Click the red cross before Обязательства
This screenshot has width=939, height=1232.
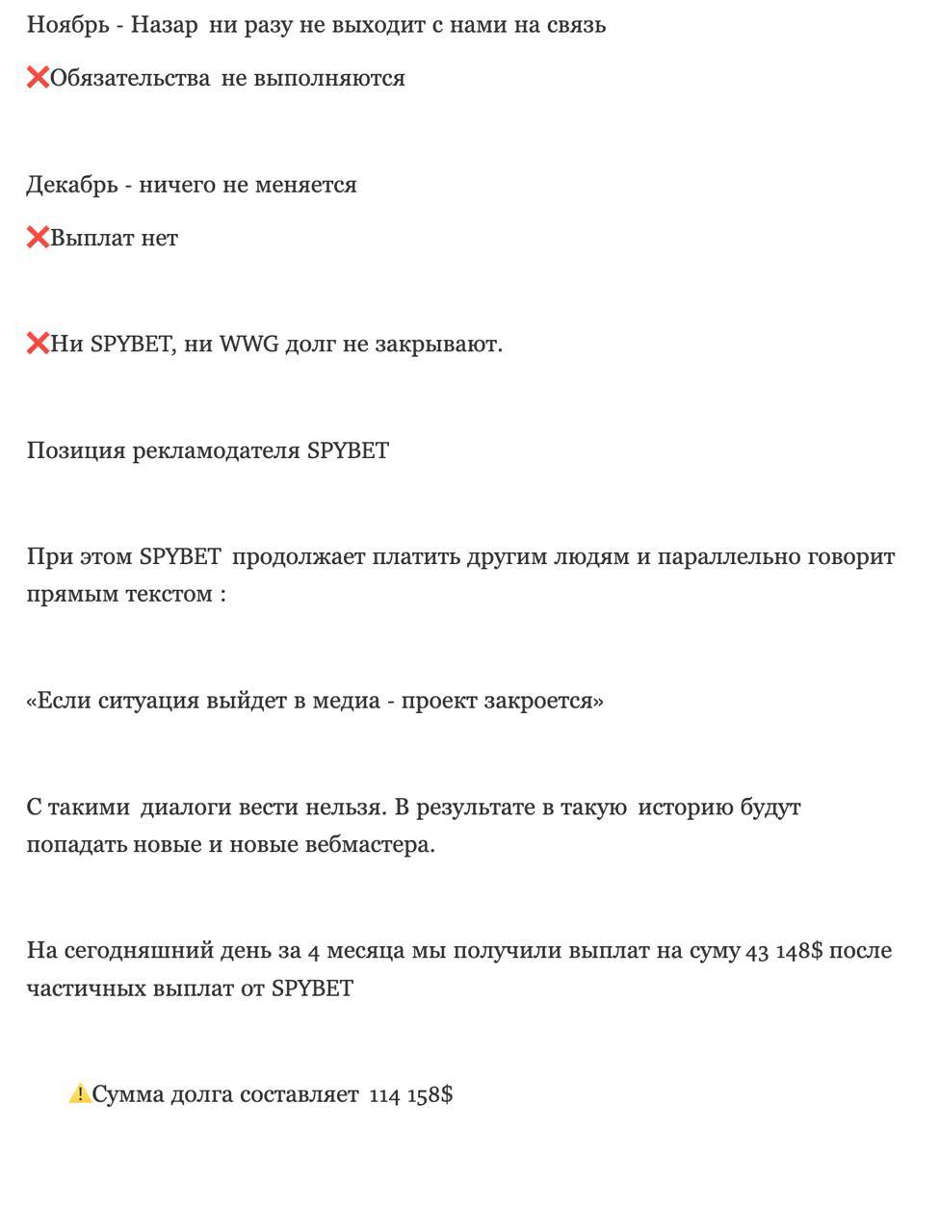click(38, 78)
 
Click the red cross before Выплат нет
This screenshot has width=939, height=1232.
click(38, 238)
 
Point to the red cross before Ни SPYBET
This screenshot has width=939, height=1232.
click(38, 344)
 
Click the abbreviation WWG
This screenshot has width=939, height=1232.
click(248, 344)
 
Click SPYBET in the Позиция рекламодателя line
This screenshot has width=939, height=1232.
click(348, 450)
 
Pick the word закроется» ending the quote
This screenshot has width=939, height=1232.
click(553, 701)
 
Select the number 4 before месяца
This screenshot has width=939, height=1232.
click(314, 952)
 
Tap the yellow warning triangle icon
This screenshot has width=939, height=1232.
click(79, 1094)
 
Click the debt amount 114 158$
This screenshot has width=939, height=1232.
click(411, 1095)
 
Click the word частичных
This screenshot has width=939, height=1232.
click(85, 988)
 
